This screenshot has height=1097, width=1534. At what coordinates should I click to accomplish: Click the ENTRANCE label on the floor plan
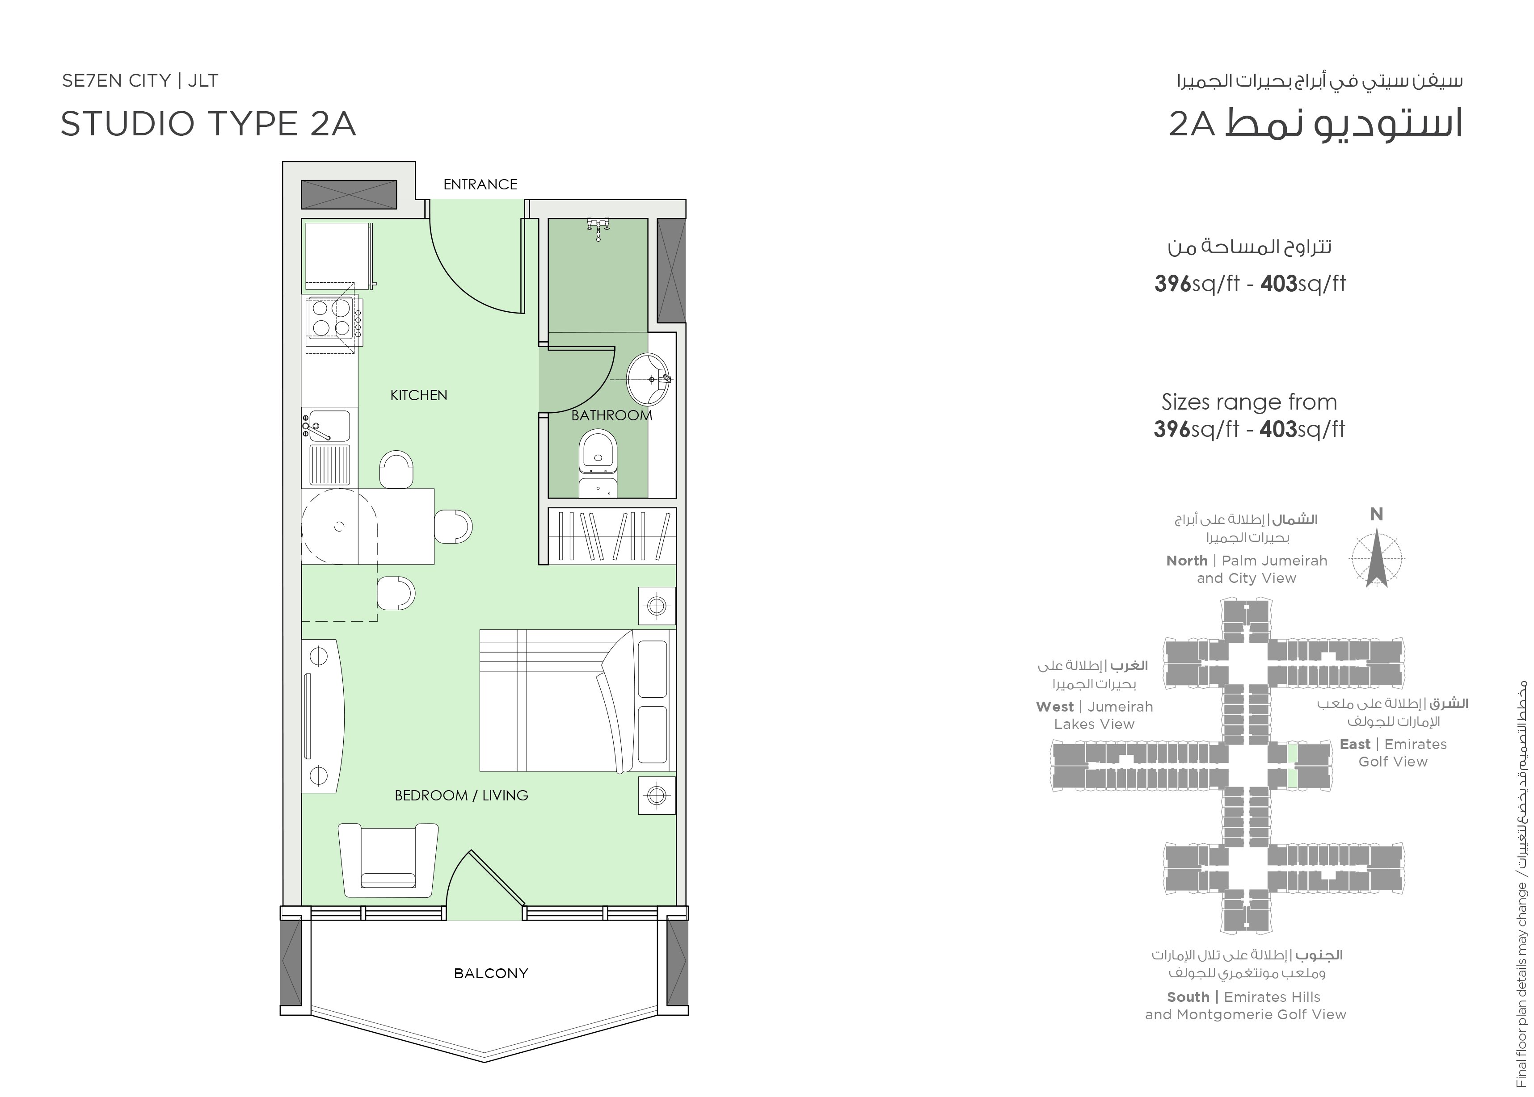(480, 184)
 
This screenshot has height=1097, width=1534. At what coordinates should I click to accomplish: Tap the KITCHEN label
(418, 395)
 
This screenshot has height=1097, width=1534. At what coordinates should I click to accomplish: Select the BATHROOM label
(611, 415)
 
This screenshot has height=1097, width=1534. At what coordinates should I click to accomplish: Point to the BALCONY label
(491, 973)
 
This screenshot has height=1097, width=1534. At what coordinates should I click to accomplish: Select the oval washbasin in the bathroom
(649, 379)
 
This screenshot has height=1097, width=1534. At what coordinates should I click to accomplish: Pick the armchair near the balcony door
(388, 860)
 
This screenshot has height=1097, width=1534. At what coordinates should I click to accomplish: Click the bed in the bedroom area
(577, 700)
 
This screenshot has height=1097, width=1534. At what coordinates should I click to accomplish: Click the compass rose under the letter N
(1377, 559)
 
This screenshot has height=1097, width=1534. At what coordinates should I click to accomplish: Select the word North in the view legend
(1187, 561)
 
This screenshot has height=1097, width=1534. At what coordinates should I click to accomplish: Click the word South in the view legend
(1188, 997)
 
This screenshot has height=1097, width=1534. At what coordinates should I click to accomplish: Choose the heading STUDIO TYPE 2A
(208, 124)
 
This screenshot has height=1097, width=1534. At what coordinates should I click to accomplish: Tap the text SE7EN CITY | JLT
(140, 81)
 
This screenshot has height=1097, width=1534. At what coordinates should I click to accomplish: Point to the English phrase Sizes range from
(1249, 402)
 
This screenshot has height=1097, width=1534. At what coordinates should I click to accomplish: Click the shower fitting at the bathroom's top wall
(598, 228)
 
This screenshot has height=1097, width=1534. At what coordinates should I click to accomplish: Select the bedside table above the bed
(657, 606)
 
